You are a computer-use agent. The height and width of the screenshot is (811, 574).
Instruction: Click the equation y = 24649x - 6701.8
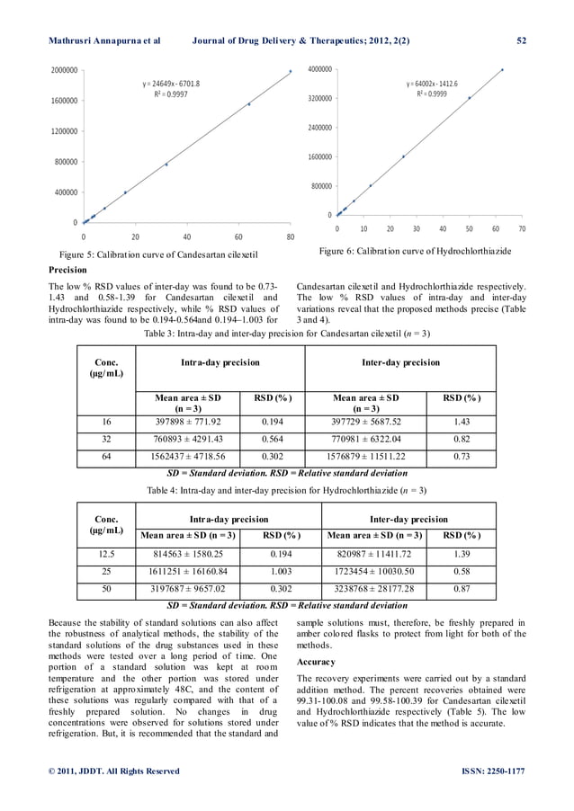pos(171,84)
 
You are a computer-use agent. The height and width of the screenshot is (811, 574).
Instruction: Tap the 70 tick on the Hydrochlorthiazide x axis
pos(522,229)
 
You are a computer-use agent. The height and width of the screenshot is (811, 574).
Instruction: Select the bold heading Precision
pos(67,269)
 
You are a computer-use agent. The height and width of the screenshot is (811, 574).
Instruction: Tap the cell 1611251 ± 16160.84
pos(188,571)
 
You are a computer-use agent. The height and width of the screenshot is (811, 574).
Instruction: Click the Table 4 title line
pos(286,490)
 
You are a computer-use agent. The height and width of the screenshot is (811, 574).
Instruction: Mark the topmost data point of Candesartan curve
pos(290,71)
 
